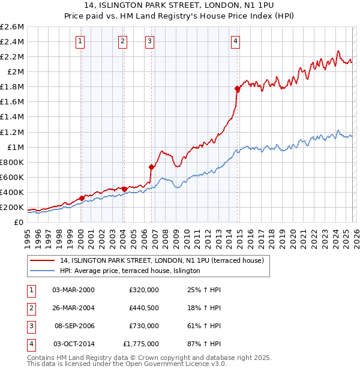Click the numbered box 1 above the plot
point(80,41)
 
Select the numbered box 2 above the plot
point(122,41)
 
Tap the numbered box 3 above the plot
point(149,41)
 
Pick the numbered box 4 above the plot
point(236,41)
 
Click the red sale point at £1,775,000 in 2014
point(238,89)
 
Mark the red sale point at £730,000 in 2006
point(151,167)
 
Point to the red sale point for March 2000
point(82,197)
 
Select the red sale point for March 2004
point(124,189)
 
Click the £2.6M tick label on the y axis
point(12,27)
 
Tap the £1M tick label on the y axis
point(16,147)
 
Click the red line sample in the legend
point(43,261)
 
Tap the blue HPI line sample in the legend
point(43,271)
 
